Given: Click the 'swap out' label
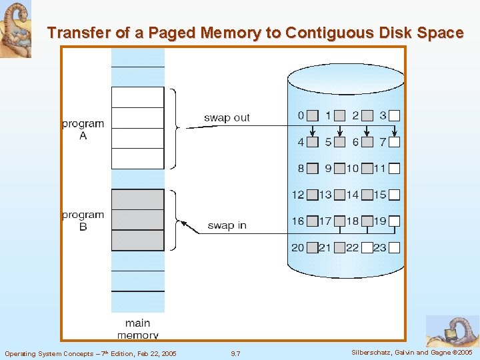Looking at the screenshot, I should pos(227,118).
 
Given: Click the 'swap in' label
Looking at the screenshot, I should pos(227,225).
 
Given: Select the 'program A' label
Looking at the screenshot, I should pos(83,129).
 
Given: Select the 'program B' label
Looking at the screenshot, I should pos(83,221).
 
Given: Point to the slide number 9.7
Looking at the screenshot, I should pos(235,353).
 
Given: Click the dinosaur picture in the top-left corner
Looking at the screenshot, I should pos(15,29).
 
